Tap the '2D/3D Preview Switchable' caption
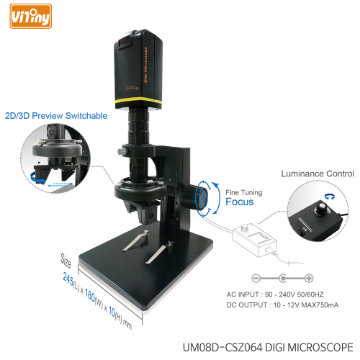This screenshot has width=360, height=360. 56,115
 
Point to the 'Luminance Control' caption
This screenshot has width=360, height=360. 316,174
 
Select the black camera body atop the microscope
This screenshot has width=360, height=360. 142,72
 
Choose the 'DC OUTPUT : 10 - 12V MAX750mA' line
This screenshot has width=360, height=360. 282,305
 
